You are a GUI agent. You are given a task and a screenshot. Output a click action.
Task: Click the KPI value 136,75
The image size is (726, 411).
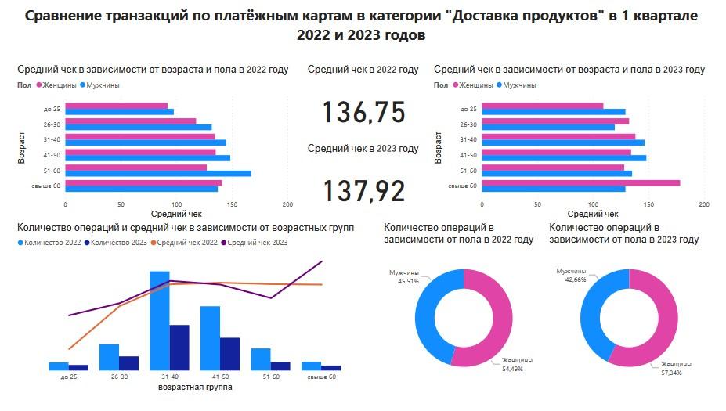363,113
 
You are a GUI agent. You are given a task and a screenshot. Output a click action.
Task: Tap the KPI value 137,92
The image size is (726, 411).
363,191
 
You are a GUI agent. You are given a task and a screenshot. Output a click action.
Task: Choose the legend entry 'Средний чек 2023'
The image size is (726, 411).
259,243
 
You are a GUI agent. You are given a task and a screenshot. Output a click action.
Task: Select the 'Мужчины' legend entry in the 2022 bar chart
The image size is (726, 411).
102,85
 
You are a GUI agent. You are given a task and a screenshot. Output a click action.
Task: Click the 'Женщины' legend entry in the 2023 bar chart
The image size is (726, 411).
475,85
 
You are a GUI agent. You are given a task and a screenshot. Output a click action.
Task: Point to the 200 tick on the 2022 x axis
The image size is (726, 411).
288,204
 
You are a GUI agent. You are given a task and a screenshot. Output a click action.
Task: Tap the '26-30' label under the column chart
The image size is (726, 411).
119,377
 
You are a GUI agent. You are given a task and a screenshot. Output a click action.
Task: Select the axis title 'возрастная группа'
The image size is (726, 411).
195,387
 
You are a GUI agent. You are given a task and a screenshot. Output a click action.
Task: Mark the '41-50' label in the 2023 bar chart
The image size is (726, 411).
468,155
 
